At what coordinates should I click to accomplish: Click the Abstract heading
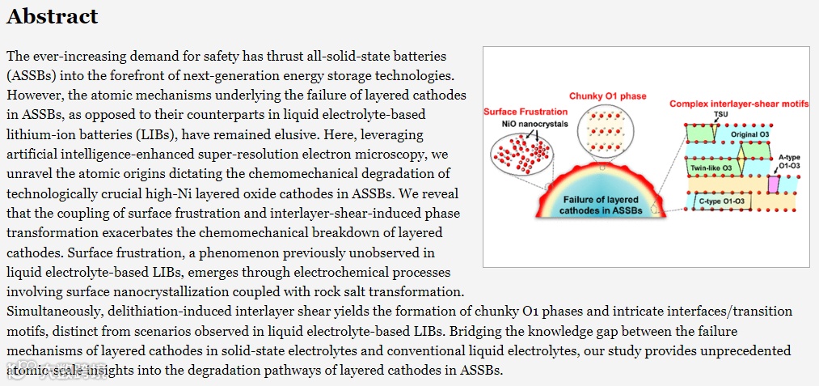click(x=53, y=16)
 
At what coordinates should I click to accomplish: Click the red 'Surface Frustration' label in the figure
click(x=522, y=111)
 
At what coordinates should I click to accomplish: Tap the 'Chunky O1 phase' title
click(x=607, y=96)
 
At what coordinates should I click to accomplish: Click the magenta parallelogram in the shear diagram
click(x=773, y=184)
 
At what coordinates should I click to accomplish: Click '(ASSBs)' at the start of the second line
click(x=29, y=76)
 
